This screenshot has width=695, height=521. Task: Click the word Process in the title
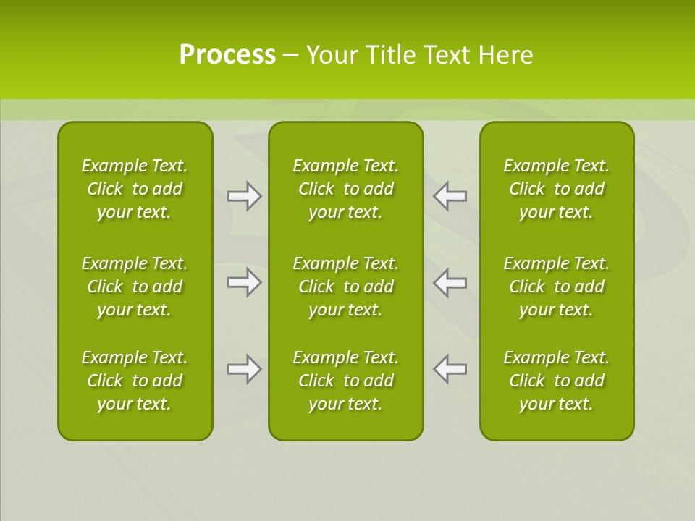[227, 55]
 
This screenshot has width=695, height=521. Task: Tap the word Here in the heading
[505, 55]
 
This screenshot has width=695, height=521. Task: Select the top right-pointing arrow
[244, 196]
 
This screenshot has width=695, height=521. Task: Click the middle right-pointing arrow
[244, 282]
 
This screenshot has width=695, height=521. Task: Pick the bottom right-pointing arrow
[244, 369]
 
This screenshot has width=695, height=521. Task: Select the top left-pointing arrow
[450, 196]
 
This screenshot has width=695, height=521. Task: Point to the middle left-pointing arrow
[450, 282]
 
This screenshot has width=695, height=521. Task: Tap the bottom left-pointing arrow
[450, 369]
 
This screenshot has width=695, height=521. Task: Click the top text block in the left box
[135, 189]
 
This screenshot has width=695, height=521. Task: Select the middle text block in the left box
[135, 287]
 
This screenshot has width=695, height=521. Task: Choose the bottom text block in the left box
[135, 381]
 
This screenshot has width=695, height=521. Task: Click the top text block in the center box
[345, 189]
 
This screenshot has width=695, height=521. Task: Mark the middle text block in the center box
[345, 287]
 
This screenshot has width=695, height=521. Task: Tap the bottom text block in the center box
[345, 381]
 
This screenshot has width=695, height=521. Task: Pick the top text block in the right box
[556, 189]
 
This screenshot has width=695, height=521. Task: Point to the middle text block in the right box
[556, 287]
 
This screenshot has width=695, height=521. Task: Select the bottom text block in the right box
[556, 381]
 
